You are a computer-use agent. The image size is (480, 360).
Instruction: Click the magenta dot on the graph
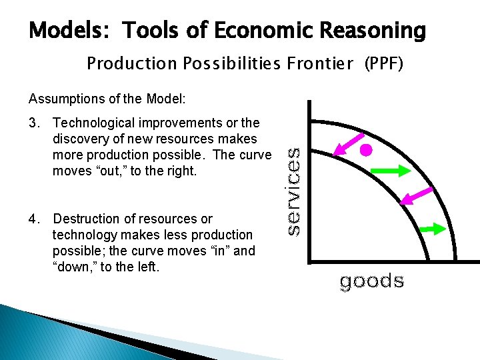click(x=366, y=150)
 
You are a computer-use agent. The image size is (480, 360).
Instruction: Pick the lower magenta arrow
click(x=414, y=197)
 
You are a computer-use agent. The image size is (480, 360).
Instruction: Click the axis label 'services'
click(x=293, y=190)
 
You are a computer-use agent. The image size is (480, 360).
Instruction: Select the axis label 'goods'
click(x=371, y=281)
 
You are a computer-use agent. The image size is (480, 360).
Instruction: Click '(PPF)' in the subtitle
click(x=383, y=63)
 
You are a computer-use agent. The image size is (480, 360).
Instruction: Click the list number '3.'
click(x=35, y=123)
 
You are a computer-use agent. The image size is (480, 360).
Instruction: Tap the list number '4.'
click(x=35, y=219)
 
